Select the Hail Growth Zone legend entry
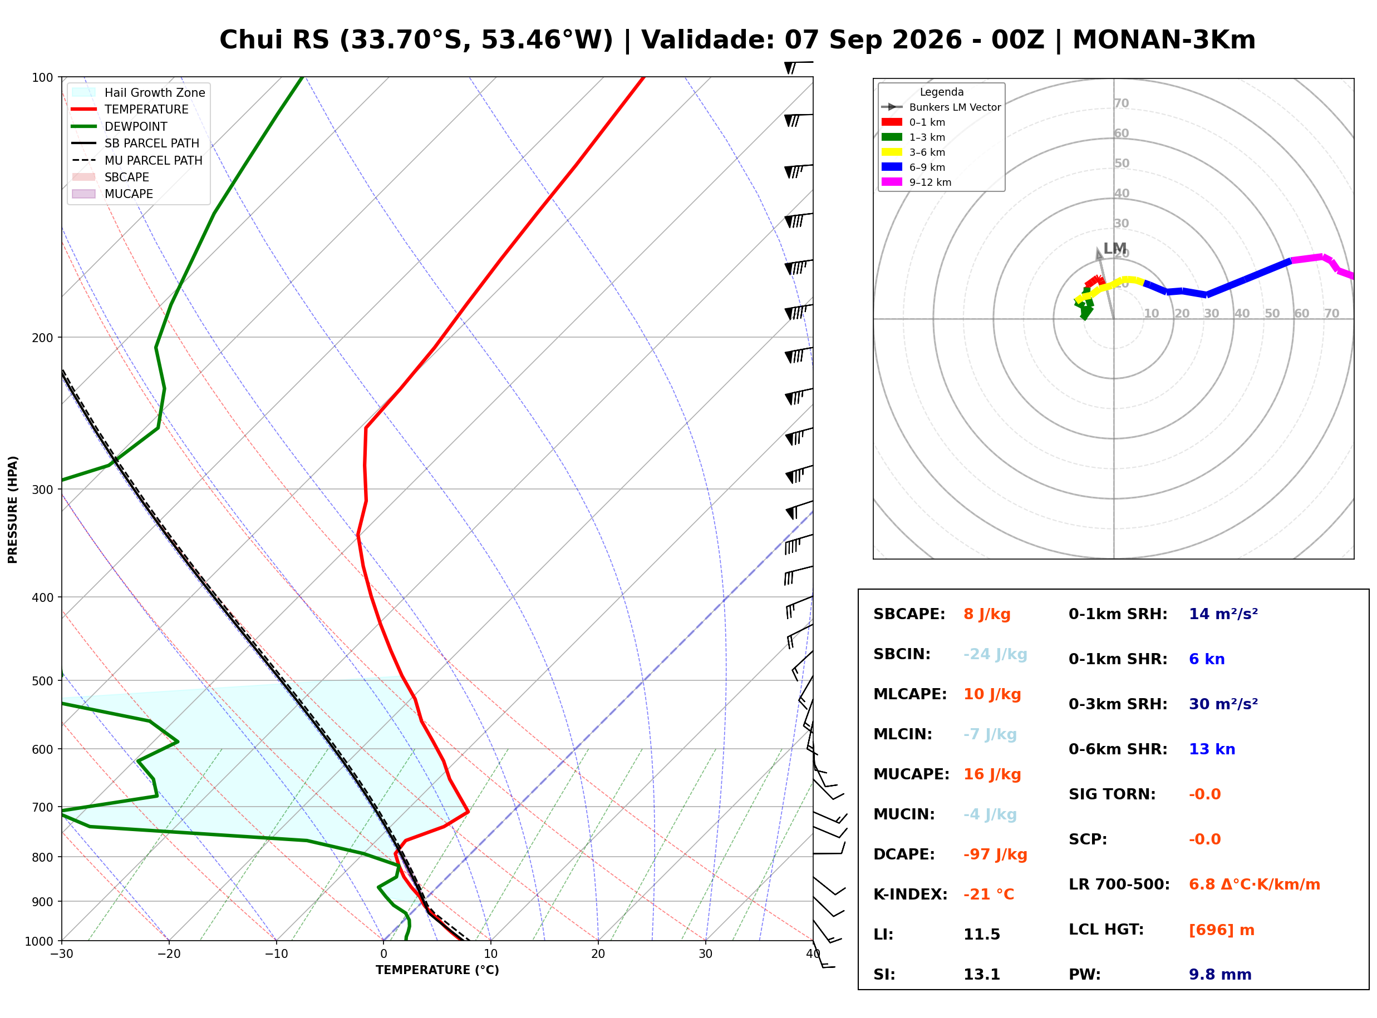tap(139, 92)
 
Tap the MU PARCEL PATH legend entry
tap(137, 160)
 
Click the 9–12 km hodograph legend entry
tap(917, 182)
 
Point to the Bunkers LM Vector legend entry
tap(941, 107)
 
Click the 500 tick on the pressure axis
tap(42, 681)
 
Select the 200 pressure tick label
tap(42, 338)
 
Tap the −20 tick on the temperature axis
tap(168, 954)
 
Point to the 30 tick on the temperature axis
tap(705, 954)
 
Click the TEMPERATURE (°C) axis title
tap(437, 970)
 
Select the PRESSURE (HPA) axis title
tap(13, 510)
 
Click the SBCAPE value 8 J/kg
tap(987, 614)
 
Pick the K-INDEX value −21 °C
tap(989, 894)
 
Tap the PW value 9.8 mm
tap(1220, 974)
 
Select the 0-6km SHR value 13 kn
tap(1212, 749)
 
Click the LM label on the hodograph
tap(1114, 248)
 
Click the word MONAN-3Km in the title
tap(1164, 40)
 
